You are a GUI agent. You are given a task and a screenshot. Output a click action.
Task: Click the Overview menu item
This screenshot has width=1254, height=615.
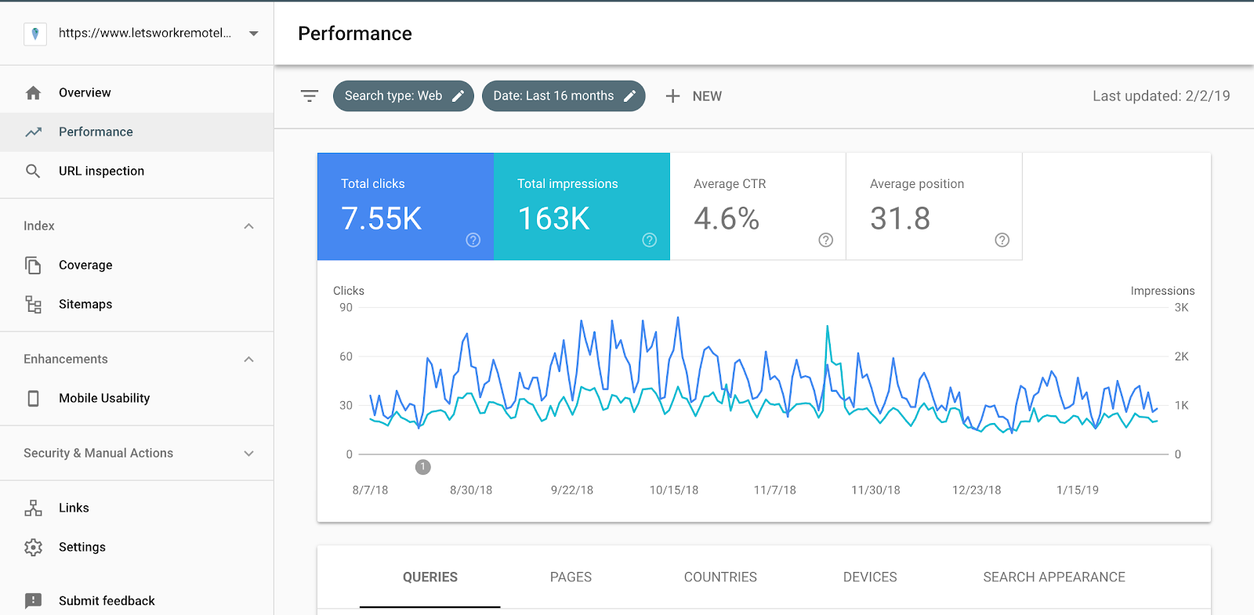[x=85, y=92]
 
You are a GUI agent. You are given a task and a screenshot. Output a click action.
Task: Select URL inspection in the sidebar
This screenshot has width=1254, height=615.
[x=101, y=171]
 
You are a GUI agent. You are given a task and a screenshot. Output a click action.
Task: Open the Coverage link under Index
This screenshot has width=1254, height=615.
[x=85, y=265]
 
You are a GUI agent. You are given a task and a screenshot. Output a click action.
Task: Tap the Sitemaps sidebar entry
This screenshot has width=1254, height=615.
[x=85, y=304]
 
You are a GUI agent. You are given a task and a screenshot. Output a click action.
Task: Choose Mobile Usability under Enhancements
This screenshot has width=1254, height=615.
[x=104, y=398]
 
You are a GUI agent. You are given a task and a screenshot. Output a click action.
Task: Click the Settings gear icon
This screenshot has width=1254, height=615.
[x=33, y=547]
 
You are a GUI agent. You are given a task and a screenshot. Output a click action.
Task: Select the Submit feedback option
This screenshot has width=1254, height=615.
[x=107, y=600]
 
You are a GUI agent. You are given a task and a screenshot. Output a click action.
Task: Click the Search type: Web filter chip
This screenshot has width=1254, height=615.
[x=403, y=96]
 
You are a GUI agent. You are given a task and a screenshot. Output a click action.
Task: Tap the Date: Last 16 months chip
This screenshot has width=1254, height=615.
[x=564, y=96]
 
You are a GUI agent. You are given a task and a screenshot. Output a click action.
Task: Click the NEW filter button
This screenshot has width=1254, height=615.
[x=694, y=96]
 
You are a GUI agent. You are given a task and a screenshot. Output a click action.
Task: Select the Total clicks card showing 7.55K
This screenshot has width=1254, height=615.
[x=405, y=207]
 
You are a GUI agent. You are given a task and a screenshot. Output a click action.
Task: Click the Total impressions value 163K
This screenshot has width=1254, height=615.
[x=553, y=219]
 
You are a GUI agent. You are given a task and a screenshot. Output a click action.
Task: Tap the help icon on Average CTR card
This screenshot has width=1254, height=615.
[x=826, y=240]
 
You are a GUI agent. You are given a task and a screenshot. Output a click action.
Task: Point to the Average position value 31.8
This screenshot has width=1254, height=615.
[x=901, y=219]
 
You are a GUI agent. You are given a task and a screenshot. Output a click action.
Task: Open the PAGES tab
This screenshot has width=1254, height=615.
[x=571, y=577]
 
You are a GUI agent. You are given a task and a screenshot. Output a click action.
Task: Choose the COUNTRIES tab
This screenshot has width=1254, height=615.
[x=720, y=577]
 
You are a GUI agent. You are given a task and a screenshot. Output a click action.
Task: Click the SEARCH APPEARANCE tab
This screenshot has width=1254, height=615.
[x=1054, y=577]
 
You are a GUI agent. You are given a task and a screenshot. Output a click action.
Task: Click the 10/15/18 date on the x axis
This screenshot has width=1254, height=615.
[x=674, y=490]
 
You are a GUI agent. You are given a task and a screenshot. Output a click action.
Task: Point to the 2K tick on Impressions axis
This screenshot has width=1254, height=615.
[x=1181, y=356]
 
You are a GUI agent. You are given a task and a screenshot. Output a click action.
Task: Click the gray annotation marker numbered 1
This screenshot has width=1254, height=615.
[x=422, y=467]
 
